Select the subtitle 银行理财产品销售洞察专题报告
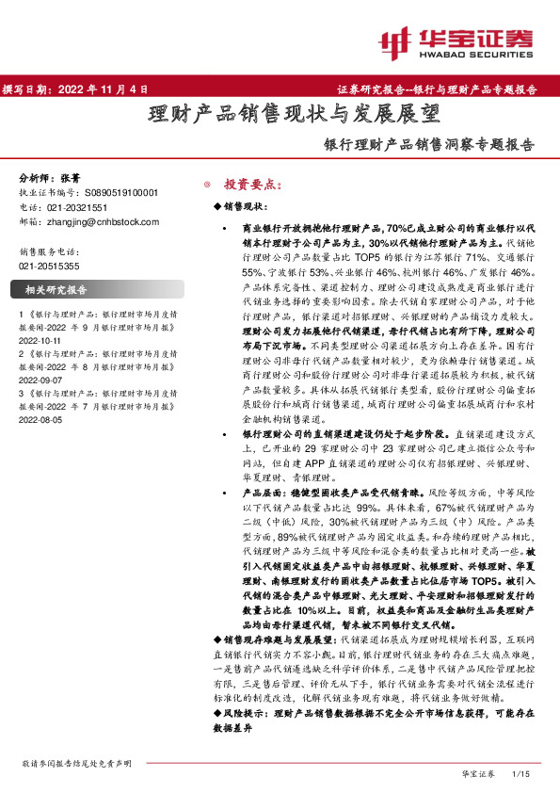click(428, 146)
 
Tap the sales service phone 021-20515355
click(50, 267)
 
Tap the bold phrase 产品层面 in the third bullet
click(264, 493)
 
